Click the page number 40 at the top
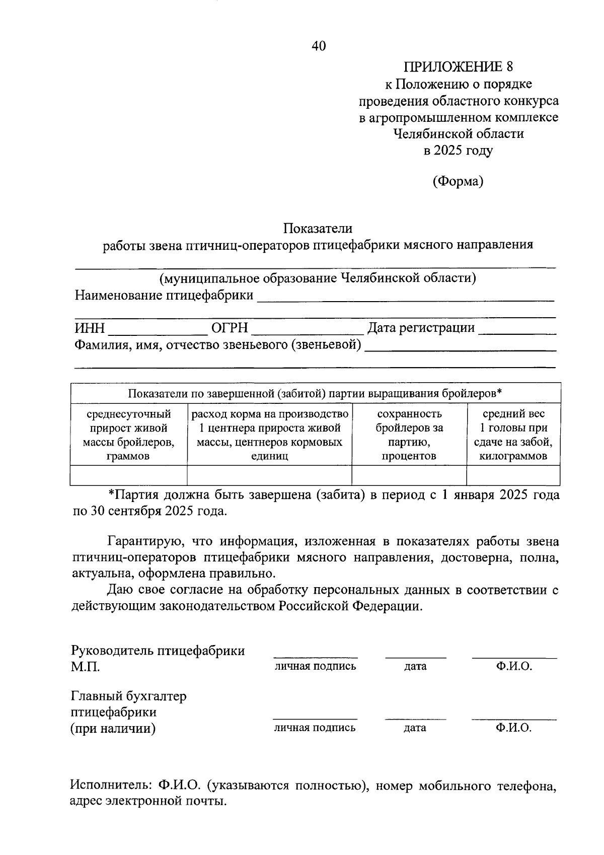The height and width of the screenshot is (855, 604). [319, 46]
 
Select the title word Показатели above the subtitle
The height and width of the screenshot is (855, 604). [318, 229]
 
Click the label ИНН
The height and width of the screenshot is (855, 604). [90, 328]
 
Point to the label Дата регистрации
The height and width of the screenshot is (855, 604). [421, 328]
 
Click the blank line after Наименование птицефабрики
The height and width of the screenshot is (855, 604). [405, 298]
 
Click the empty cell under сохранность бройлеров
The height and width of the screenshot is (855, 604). [409, 475]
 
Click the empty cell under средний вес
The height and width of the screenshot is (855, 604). [513, 475]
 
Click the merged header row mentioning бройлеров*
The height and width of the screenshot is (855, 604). [315, 393]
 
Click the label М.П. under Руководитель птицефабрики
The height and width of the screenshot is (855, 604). [85, 667]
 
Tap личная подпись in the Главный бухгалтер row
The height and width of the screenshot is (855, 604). [315, 728]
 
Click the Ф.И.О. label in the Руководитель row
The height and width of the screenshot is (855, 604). [514, 666]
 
